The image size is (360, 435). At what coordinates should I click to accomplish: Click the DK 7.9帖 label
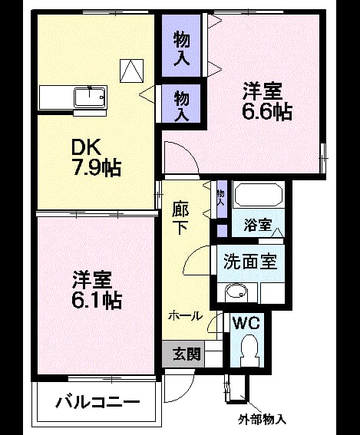tap(96, 157)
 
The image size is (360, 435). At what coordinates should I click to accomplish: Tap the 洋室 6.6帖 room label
tap(267, 101)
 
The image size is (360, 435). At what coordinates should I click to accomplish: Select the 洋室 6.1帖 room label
tap(96, 291)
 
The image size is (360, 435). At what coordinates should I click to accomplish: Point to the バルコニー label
tap(97, 401)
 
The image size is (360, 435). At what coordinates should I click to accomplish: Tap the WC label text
tap(246, 323)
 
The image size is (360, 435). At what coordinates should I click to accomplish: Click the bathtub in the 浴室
tap(259, 194)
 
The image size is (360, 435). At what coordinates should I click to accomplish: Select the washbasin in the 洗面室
tap(236, 292)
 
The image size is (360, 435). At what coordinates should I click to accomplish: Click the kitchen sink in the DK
tap(90, 97)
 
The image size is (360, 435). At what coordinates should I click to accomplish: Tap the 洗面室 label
tap(250, 262)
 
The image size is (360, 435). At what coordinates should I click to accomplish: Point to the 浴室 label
tap(258, 225)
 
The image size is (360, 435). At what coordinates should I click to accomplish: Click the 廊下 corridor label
tap(180, 218)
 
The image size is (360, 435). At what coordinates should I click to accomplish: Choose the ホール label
tap(186, 316)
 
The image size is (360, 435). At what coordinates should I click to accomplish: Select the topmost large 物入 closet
tap(181, 46)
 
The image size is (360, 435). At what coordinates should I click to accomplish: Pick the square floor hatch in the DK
tap(131, 71)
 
